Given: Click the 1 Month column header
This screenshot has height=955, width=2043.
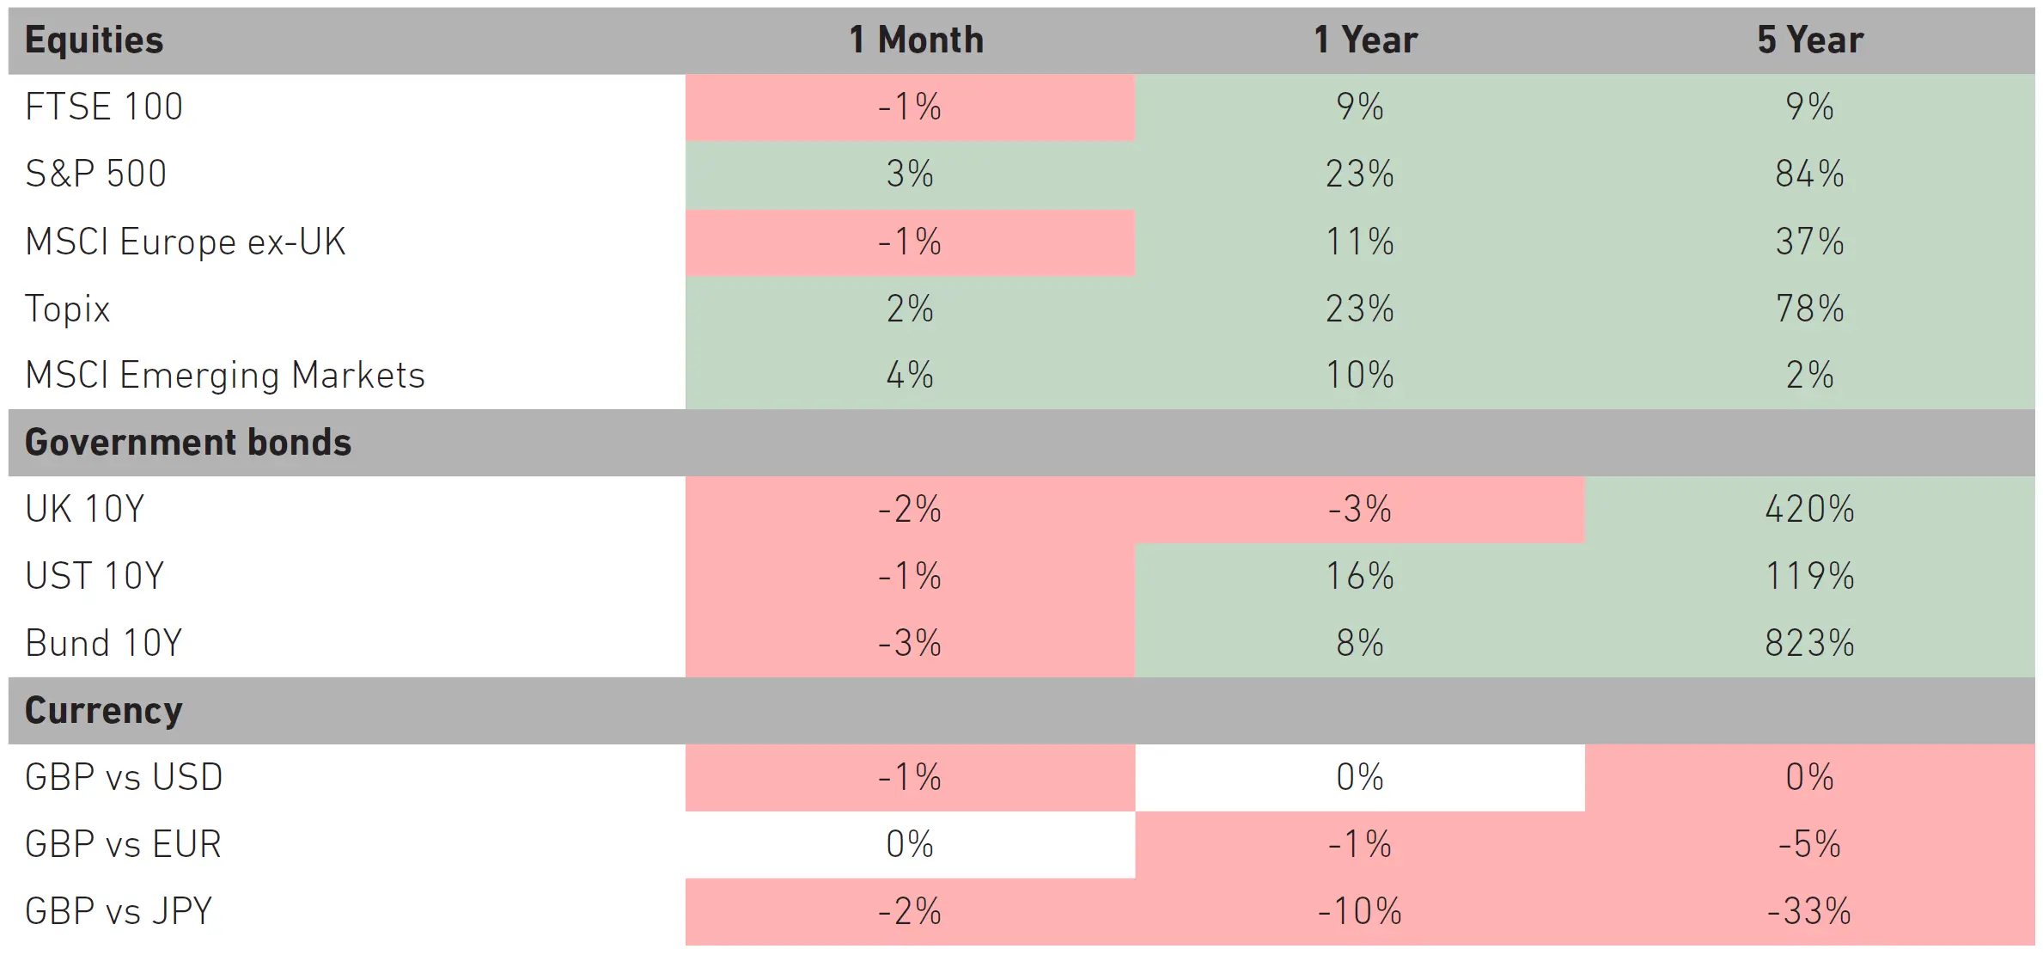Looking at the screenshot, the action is tap(916, 40).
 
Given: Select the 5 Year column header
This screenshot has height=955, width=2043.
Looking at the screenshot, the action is tap(1810, 40).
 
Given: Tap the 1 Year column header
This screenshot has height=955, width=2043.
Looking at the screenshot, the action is tap(1365, 40).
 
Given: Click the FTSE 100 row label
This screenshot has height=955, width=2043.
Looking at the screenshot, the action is tap(104, 107).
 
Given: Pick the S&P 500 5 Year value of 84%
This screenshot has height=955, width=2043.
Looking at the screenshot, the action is tap(1809, 174).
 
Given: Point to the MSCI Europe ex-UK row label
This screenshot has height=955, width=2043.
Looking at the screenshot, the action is tap(186, 242).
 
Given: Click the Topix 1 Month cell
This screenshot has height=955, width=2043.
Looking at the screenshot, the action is tap(910, 309).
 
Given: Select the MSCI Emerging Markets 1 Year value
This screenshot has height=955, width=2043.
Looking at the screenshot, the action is tap(1359, 376).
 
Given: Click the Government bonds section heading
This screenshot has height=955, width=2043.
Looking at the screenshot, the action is tap(188, 442).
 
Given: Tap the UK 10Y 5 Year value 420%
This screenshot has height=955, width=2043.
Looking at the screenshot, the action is tap(1809, 509).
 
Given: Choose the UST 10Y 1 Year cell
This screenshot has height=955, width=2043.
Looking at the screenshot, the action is tap(1360, 576).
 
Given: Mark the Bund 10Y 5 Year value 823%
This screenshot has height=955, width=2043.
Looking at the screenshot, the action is tap(1809, 643).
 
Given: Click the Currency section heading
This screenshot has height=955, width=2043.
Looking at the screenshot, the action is tap(104, 711).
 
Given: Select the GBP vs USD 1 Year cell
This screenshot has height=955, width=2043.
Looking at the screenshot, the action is tap(1360, 777).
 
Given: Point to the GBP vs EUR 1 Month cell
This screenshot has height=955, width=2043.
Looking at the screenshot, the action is tap(910, 844).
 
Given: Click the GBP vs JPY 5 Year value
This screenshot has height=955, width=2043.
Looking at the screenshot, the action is tap(1809, 911).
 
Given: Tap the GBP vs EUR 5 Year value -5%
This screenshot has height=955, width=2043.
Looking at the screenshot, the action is tap(1809, 844).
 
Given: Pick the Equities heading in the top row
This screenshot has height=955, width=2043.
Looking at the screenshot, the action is tap(94, 40).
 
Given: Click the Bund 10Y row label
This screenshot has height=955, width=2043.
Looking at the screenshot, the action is tap(104, 643).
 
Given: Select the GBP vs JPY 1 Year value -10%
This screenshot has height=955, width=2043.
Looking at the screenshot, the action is tap(1359, 911).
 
